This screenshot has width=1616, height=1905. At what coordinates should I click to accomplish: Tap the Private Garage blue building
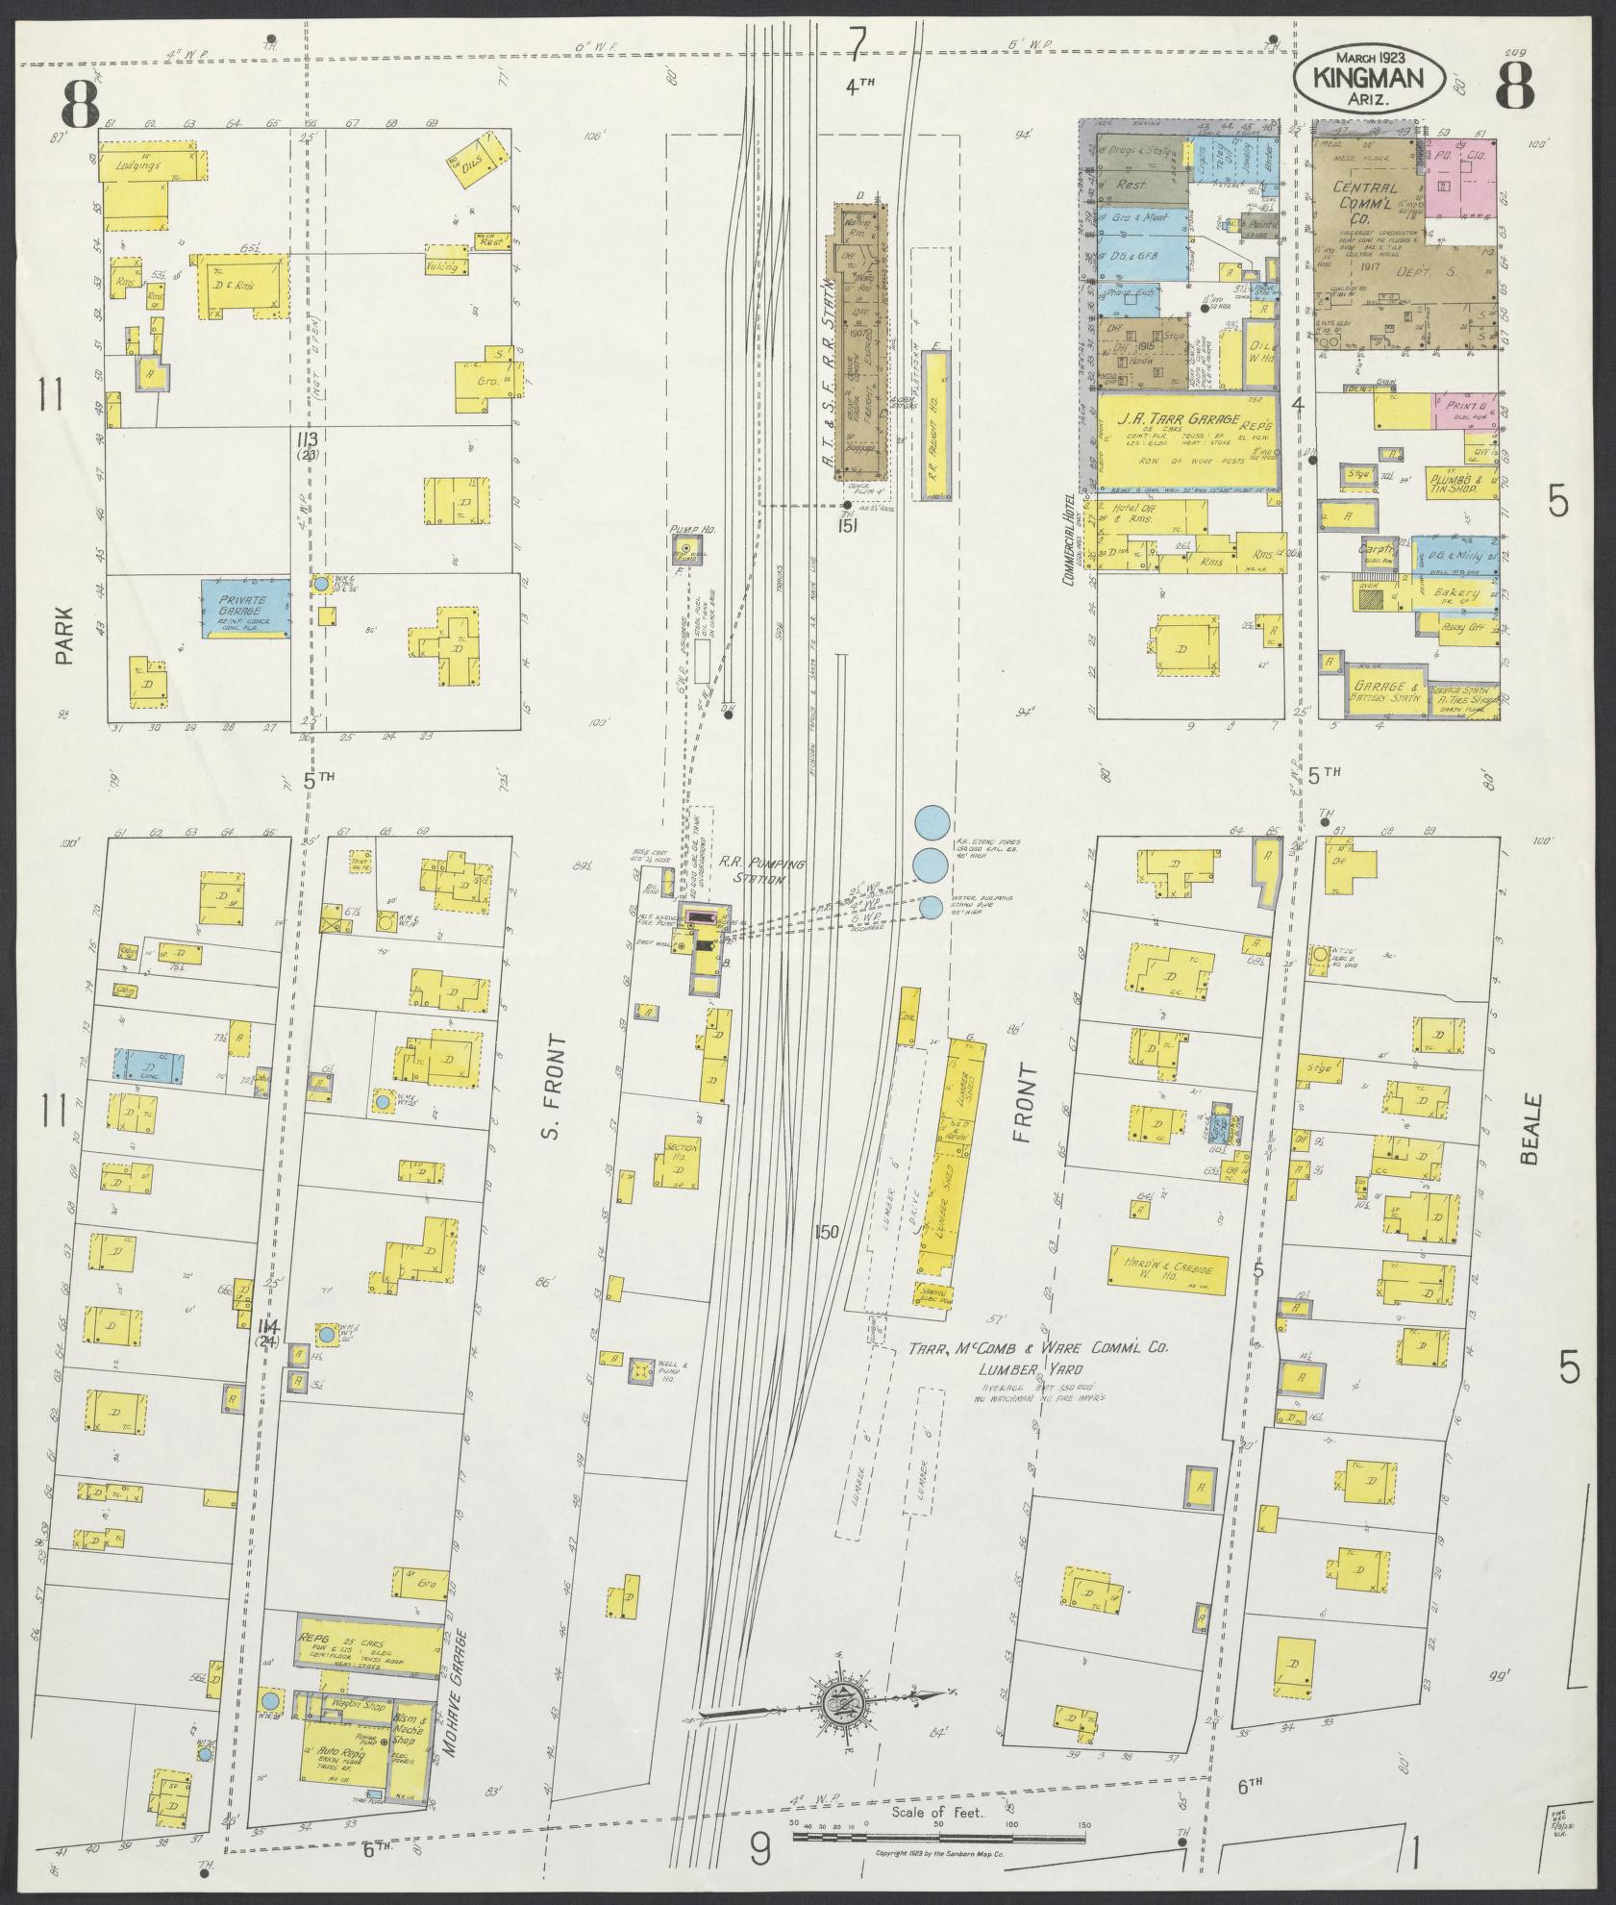point(245,608)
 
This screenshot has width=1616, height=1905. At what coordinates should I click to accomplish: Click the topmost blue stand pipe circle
point(932,822)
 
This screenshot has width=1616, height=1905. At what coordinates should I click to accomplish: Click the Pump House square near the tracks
point(685,550)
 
